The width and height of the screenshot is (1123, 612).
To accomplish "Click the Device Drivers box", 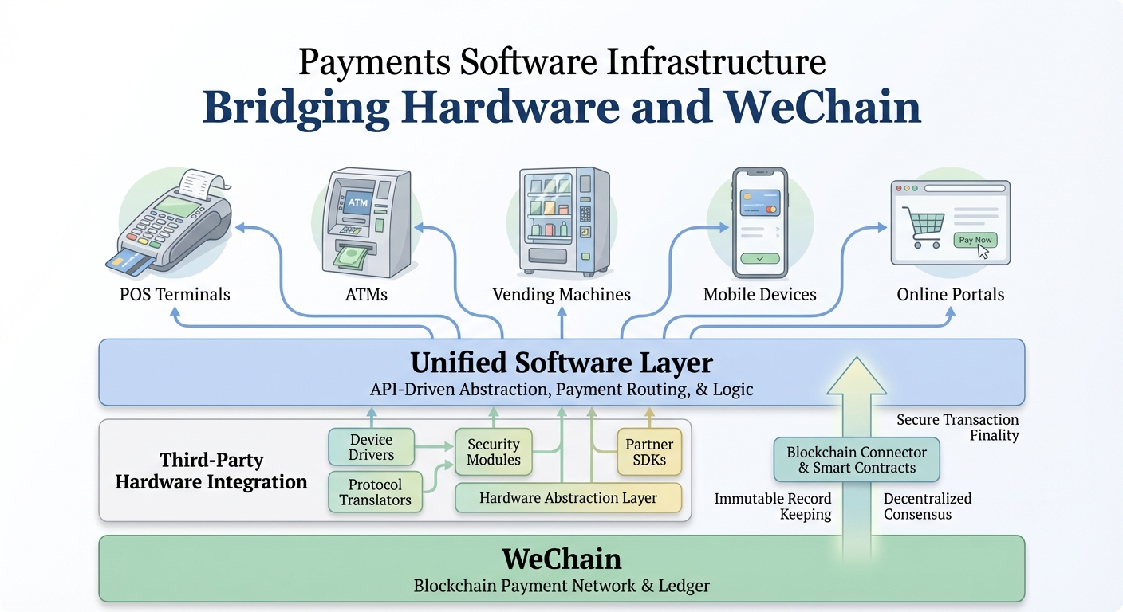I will [x=371, y=447].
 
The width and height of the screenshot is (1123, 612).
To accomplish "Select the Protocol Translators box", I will [x=375, y=492].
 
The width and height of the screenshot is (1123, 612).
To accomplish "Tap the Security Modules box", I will [x=493, y=452].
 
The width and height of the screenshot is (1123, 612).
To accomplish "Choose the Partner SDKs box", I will [x=649, y=452].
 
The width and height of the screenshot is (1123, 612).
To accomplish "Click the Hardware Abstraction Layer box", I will [x=568, y=498].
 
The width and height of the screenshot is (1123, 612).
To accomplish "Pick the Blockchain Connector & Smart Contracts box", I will [x=857, y=460].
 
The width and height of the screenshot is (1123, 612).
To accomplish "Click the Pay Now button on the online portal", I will [x=975, y=240].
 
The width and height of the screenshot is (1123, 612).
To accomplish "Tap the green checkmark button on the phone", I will [x=759, y=258].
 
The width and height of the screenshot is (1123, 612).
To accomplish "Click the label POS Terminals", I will [x=175, y=295].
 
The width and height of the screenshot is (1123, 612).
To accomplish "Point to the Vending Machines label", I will [x=561, y=295].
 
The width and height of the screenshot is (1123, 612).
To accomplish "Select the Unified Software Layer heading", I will [x=561, y=363].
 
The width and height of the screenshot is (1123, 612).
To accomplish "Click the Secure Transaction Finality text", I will [x=957, y=427].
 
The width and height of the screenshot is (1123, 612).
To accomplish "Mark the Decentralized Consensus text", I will [x=927, y=506].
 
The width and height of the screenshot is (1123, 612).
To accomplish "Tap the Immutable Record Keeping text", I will [x=773, y=507].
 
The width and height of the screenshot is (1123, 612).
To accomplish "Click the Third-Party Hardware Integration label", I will [x=211, y=471].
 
